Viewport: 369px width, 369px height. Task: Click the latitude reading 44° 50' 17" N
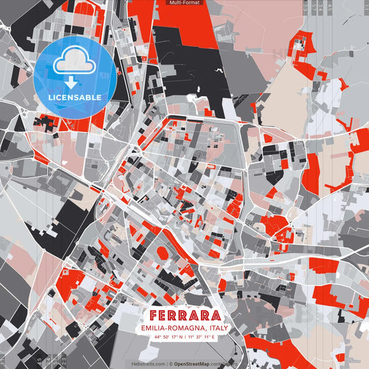[166, 337]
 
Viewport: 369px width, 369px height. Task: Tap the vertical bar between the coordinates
[184, 337]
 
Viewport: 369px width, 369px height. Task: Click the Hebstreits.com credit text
[148, 363]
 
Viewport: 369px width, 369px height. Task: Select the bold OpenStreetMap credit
[197, 363]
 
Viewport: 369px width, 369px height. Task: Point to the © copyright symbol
[171, 363]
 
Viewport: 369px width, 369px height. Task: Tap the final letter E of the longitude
[214, 337]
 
